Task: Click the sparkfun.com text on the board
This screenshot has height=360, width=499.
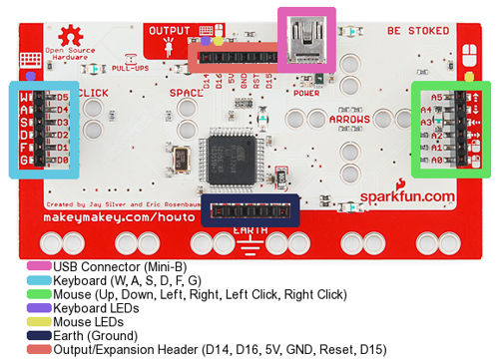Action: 406,197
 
